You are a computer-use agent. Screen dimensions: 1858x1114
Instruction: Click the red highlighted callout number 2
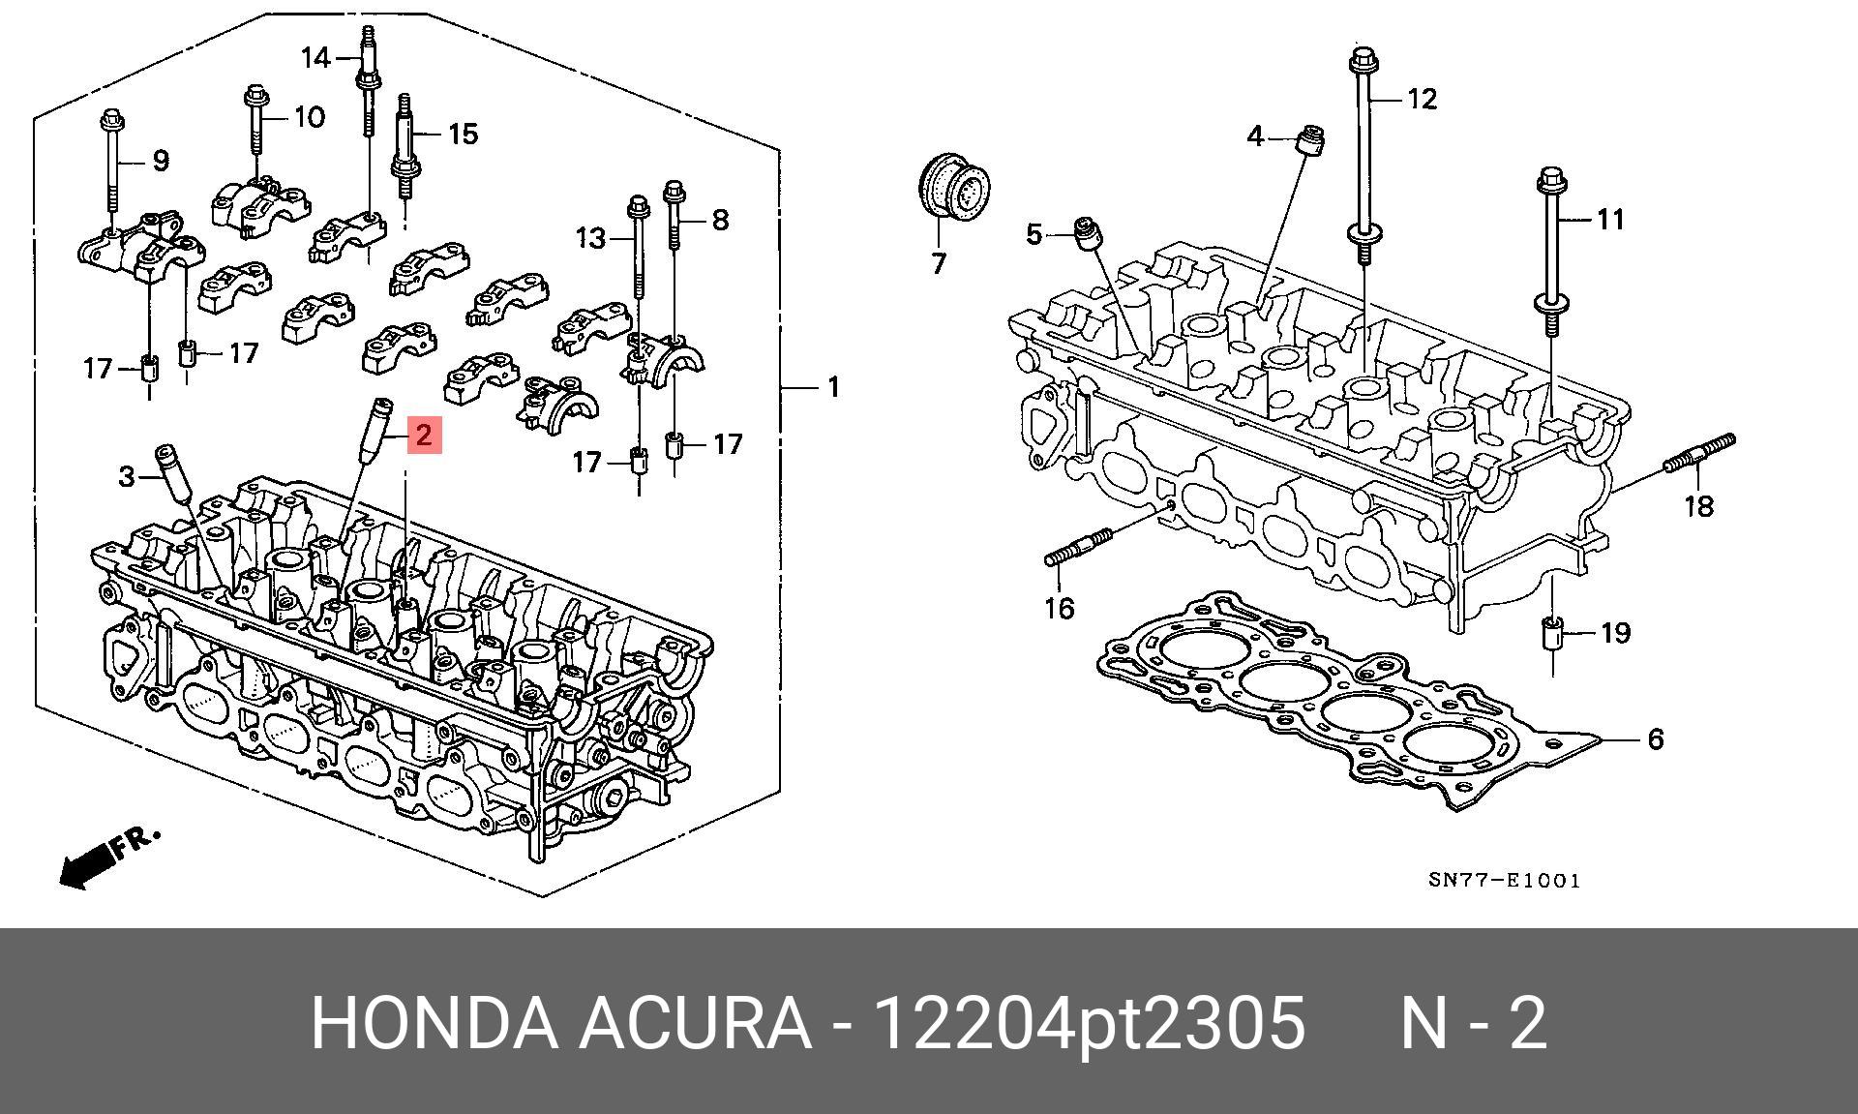[424, 436]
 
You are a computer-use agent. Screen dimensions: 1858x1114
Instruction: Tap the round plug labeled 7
[952, 191]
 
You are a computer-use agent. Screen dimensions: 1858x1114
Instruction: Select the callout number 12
[1421, 99]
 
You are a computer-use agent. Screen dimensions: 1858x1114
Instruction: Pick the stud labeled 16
[1077, 548]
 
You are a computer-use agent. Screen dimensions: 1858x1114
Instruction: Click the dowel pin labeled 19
[1552, 637]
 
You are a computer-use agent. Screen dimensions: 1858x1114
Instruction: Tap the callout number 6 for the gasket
[1655, 739]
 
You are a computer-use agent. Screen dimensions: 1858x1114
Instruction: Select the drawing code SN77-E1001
[1504, 881]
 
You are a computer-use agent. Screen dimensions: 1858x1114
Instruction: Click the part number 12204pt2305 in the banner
[1090, 1023]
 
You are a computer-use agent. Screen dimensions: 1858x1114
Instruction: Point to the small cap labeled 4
[1310, 141]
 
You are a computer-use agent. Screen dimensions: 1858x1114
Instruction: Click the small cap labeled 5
[1088, 234]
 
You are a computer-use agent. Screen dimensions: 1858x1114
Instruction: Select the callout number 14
[315, 58]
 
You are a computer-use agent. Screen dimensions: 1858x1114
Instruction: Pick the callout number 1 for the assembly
[832, 388]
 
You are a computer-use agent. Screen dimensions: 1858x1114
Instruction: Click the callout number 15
[463, 134]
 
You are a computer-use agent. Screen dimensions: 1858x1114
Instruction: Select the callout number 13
[590, 237]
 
